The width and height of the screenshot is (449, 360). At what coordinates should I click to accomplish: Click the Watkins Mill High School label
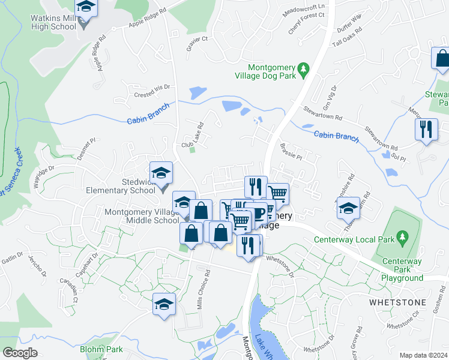click(53, 22)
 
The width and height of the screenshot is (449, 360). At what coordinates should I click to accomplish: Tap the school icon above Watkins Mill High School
click(86, 8)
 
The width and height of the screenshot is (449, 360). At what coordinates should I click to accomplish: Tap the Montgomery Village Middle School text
click(142, 216)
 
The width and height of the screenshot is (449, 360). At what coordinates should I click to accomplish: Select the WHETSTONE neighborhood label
click(398, 302)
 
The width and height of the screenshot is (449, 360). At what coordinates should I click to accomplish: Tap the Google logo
click(20, 353)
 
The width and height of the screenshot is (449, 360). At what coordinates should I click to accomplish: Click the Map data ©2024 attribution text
click(423, 355)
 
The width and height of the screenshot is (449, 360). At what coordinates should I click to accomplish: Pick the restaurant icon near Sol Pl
click(426, 130)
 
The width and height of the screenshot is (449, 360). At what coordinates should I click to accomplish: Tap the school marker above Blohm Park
click(164, 303)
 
